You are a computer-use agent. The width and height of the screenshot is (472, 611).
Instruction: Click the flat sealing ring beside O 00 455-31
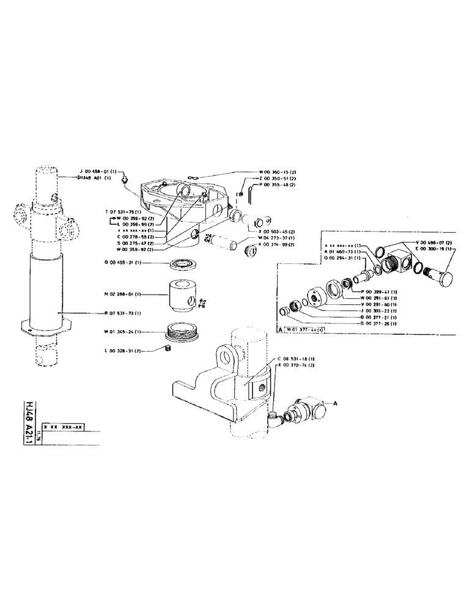coord(181,263)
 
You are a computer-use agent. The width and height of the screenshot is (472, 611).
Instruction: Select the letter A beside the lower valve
coord(335,403)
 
